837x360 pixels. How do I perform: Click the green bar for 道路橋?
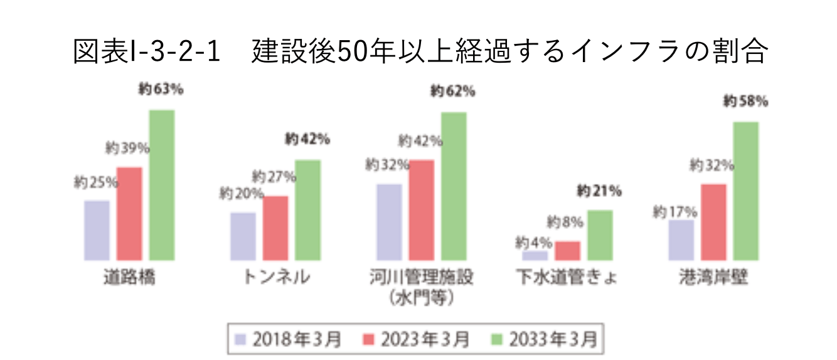162,185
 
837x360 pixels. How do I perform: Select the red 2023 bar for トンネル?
275,228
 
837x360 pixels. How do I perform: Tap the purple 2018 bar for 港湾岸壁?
681,240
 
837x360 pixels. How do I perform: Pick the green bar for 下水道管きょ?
600,235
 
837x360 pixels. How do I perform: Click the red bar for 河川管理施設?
422,210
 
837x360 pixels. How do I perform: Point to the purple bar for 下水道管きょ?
535,256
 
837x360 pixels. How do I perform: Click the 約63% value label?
161,90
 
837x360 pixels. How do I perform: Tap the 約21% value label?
599,191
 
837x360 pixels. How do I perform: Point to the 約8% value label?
565,222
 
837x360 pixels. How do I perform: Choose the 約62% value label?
452,92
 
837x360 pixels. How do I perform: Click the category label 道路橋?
129,278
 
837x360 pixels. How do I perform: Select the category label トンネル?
276,278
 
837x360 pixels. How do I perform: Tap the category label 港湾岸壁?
713,278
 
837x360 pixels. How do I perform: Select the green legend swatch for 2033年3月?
498,340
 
